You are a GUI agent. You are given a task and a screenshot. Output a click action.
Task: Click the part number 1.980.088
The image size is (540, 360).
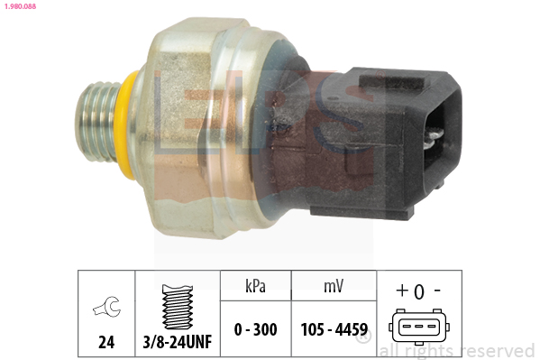click(20, 6)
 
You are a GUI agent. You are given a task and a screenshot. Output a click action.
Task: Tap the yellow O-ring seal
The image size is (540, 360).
click(124, 125)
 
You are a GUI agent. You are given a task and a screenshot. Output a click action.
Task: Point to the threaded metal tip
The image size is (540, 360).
click(97, 122)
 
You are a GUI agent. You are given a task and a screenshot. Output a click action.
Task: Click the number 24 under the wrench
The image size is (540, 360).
click(106, 342)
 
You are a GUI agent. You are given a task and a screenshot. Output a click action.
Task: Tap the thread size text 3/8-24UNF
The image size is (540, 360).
click(178, 342)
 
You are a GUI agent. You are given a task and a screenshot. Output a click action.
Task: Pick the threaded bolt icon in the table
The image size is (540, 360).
click(178, 307)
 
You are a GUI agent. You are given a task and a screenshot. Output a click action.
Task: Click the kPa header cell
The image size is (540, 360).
click(255, 286)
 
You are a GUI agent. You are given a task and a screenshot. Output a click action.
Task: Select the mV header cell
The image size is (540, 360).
click(334, 286)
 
